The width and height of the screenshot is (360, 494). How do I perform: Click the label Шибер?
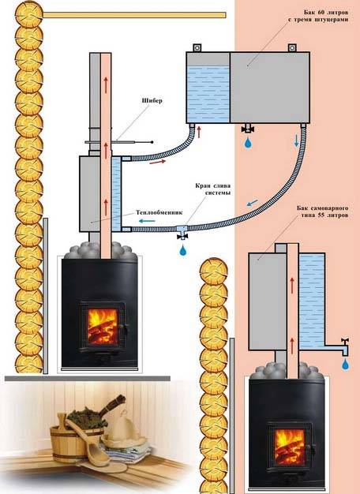coord(152,101)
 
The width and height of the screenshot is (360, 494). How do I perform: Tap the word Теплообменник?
coord(159,212)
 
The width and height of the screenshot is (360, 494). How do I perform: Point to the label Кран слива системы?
coord(213,189)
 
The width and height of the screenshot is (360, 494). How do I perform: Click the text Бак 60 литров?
coord(326,13)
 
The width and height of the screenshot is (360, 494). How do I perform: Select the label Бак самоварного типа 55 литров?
coord(323,212)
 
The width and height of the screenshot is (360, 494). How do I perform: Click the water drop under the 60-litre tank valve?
coord(249,143)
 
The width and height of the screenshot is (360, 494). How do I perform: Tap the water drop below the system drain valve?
coord(182,250)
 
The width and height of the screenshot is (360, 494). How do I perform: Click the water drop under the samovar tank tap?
coord(346,365)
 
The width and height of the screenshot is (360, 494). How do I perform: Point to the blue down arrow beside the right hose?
coord(296,140)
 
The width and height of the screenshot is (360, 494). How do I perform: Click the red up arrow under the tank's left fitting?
coord(199,132)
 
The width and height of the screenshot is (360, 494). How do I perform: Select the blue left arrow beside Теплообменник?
coord(147,221)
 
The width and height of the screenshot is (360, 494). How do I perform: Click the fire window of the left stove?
coord(102,326)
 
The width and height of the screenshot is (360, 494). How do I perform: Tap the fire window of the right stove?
coord(290,447)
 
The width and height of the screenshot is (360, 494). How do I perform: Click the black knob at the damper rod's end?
coord(152,142)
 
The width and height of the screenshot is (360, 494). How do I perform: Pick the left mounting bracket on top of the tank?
coord(197,47)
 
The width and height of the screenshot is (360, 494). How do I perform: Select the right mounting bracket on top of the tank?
coord(292,47)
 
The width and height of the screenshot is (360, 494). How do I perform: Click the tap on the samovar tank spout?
coord(345,344)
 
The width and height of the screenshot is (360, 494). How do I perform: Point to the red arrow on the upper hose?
coord(158,163)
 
